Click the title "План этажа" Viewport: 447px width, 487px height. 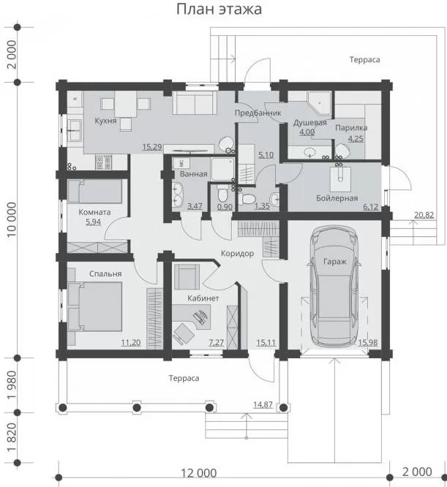tap(219, 10)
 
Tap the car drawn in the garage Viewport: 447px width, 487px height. tap(334, 287)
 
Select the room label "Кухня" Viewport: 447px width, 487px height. tap(105, 121)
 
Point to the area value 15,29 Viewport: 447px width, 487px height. tap(152, 146)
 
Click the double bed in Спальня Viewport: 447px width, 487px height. tap(95, 306)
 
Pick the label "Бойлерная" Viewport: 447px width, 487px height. tap(337, 198)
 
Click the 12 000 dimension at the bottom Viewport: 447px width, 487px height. tap(199, 473)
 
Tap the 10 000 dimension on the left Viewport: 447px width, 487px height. tap(12, 219)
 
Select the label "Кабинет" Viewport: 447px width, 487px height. tap(203, 298)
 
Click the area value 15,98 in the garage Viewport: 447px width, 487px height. tap(368, 342)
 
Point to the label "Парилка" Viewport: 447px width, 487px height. tap(351, 128)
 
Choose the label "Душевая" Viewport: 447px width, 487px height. tap(310, 123)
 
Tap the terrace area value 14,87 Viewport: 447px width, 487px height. tap(263, 404)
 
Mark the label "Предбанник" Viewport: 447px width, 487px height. tap(258, 113)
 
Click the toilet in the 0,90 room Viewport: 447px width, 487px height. tap(222, 193)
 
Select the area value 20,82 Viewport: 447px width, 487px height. tap(424, 215)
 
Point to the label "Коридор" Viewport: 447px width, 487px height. tap(237, 254)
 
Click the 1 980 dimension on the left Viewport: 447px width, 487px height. tap(12, 385)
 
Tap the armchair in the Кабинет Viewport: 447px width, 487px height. tap(187, 276)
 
